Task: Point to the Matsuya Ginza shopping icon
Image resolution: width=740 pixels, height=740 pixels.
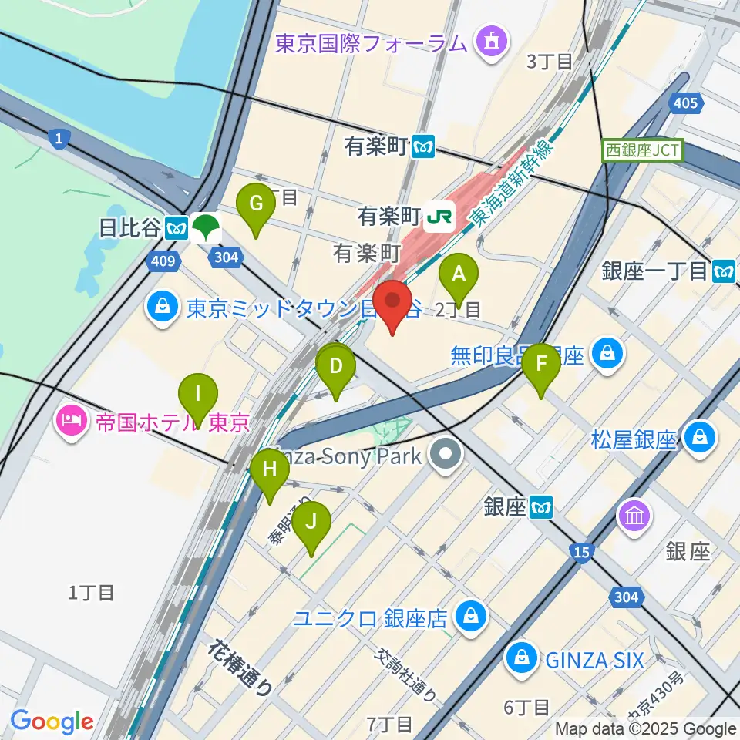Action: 700,437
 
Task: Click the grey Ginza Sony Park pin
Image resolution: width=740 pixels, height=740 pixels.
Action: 446,455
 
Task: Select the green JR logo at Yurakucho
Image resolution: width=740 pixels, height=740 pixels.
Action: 439,217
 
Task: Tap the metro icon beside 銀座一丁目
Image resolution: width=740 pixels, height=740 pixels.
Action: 725,271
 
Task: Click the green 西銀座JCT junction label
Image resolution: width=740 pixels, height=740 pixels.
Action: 642,149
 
